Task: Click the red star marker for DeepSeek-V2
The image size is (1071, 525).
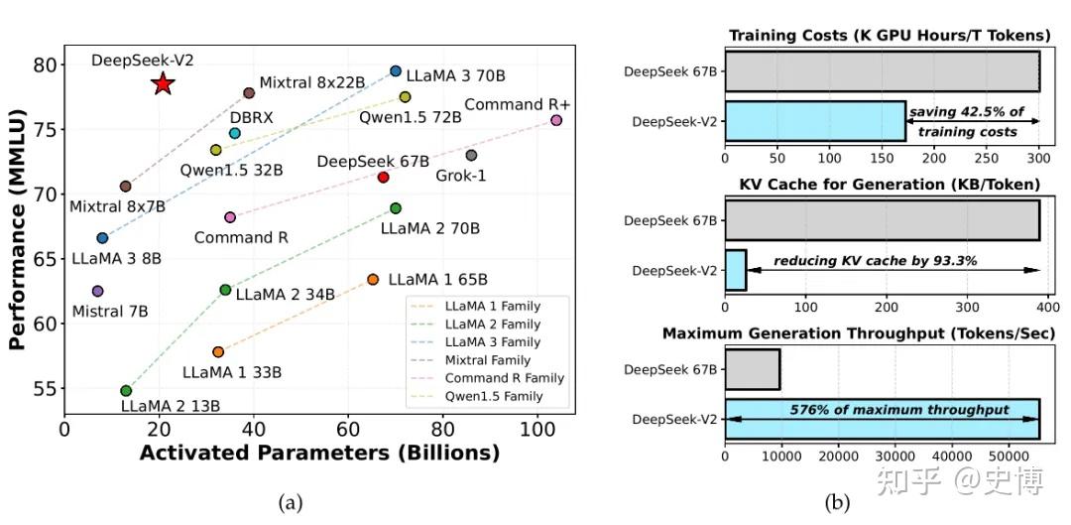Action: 164,84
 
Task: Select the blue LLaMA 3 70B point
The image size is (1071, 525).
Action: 396,71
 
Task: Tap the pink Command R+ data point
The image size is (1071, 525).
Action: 556,120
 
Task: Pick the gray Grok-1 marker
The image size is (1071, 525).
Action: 471,155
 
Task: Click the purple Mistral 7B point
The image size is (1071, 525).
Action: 97,291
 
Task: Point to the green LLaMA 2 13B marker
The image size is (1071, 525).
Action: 126,391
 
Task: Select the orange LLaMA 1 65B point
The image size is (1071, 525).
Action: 373,280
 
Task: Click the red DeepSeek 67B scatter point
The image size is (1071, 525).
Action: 383,178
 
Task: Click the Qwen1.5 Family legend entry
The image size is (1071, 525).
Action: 492,397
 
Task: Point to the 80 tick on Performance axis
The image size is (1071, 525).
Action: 43,66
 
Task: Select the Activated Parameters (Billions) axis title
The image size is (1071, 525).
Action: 319,454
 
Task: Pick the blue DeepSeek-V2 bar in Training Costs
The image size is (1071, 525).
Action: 815,121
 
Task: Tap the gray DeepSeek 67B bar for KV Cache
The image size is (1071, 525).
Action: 882,220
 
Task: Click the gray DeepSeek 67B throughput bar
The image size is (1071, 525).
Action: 753,369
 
